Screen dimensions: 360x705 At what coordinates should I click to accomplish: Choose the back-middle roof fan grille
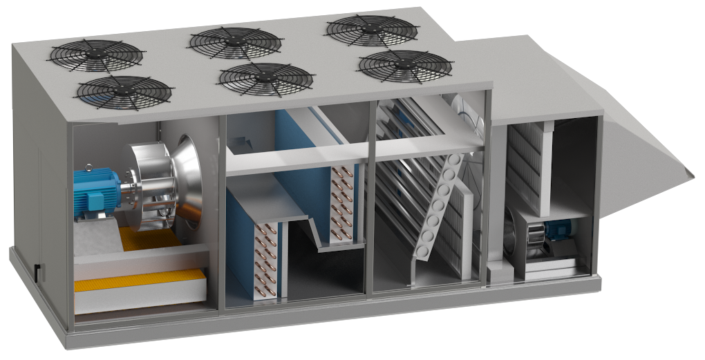[235, 41]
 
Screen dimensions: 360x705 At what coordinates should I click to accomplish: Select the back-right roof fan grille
[371, 30]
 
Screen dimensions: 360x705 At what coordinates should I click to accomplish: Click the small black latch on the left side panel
[37, 271]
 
